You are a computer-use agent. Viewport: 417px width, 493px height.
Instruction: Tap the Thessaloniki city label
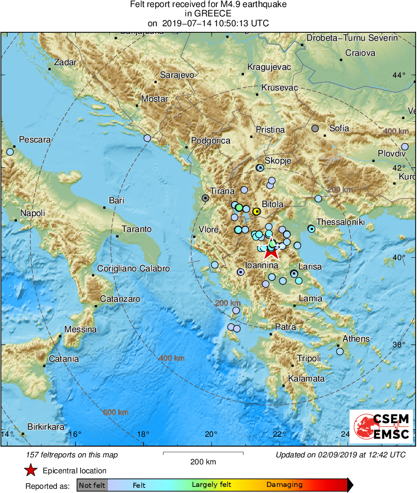click(x=340, y=222)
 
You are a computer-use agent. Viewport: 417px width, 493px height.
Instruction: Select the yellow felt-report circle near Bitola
click(x=257, y=211)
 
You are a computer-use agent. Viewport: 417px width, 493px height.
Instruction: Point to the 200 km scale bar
click(x=203, y=453)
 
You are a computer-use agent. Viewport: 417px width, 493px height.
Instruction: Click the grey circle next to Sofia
click(x=316, y=128)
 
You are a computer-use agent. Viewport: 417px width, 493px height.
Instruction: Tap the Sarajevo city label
click(x=177, y=75)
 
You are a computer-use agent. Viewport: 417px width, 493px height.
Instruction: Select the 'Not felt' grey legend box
click(x=92, y=485)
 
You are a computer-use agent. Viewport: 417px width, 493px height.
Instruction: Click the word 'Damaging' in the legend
click(x=284, y=485)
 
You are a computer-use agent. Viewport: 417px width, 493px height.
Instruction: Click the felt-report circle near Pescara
click(x=10, y=152)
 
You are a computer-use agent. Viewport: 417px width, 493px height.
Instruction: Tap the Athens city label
click(x=356, y=339)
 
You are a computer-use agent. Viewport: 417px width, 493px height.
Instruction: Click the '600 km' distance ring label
click(x=115, y=412)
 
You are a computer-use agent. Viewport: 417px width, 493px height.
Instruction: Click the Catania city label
click(x=64, y=359)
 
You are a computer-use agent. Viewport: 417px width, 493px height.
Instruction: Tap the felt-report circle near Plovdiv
click(x=405, y=147)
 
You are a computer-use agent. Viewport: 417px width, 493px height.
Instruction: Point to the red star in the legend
click(x=30, y=470)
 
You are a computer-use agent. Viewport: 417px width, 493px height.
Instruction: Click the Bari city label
click(x=116, y=201)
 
